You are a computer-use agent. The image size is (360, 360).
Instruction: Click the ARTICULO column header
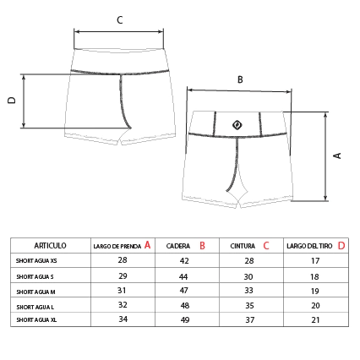coord(50,246)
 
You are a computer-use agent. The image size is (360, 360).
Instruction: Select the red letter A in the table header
coord(147,245)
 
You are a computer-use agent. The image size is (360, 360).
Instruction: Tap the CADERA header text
coord(178,246)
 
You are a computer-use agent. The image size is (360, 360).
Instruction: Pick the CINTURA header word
coord(243,246)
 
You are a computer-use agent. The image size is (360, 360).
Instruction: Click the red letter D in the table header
coord(341,246)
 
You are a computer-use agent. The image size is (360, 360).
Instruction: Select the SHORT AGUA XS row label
coord(36,261)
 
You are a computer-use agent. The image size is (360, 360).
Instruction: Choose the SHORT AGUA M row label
coord(35,292)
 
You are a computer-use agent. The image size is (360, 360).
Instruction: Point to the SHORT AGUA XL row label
coord(36,320)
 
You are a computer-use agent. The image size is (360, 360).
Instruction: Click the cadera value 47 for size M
coord(184,291)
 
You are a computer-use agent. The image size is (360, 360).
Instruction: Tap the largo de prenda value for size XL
coord(123,319)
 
